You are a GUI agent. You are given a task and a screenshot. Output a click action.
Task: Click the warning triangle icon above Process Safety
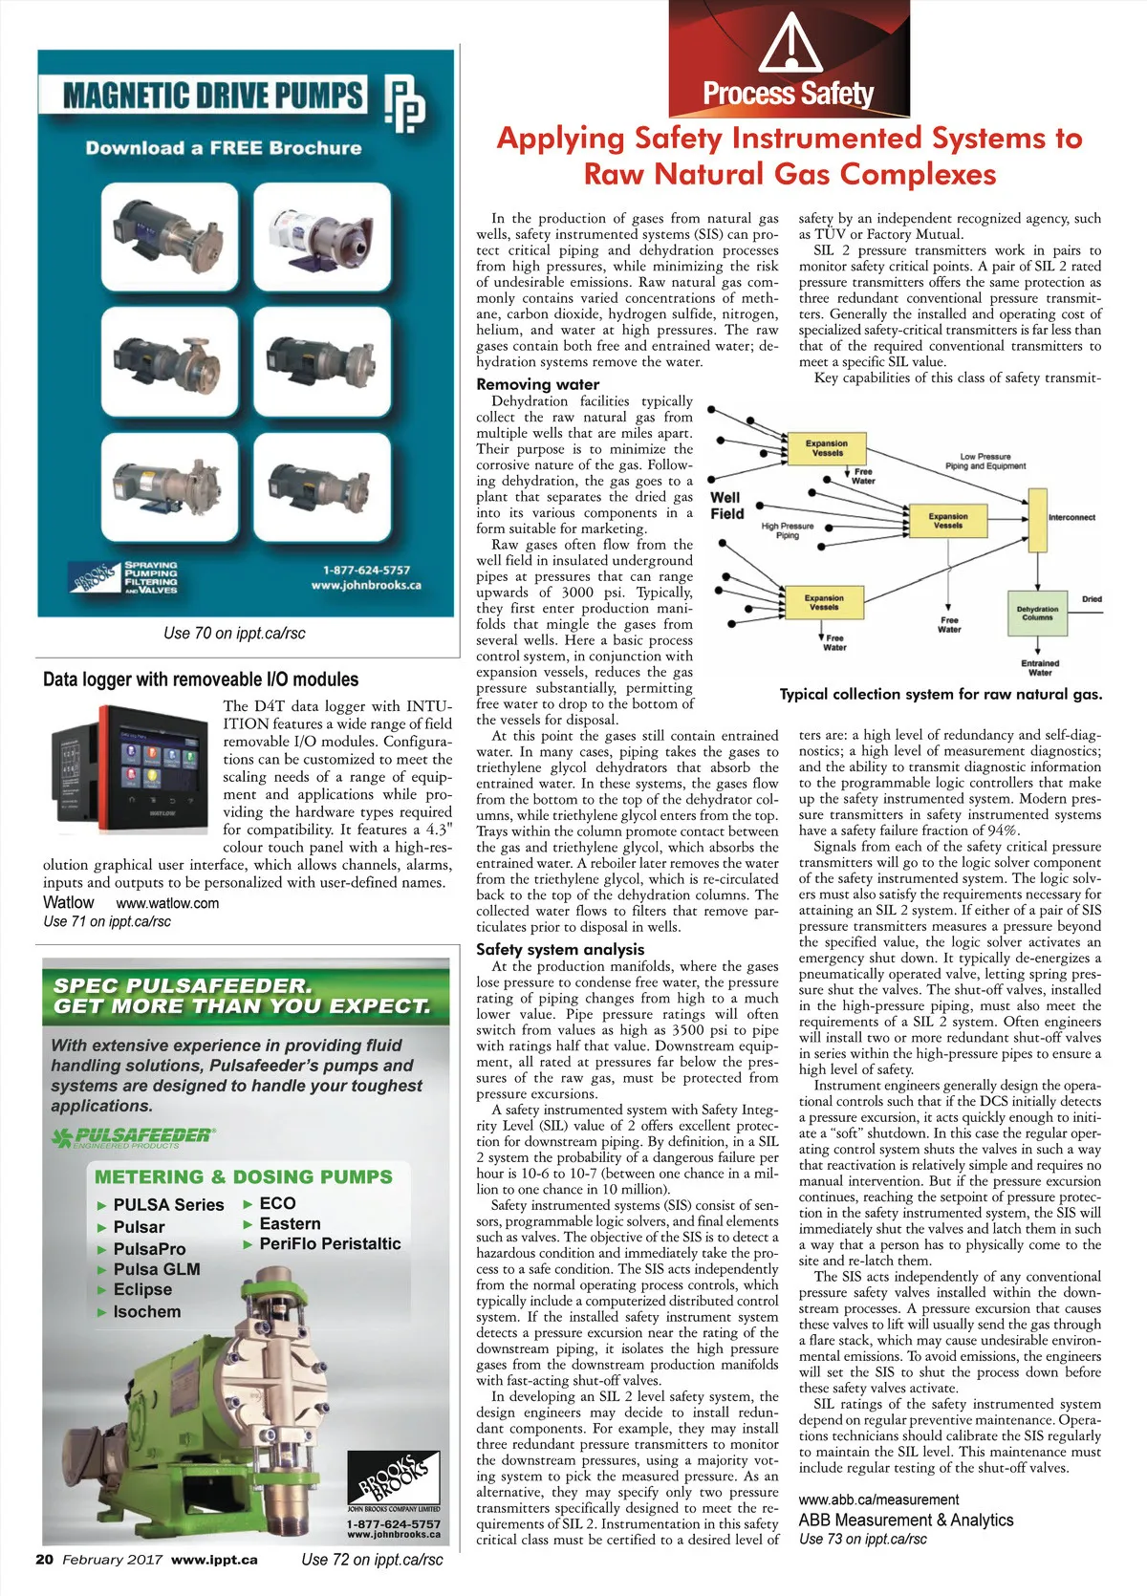point(790,42)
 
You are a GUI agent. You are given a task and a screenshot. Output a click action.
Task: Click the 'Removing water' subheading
point(537,384)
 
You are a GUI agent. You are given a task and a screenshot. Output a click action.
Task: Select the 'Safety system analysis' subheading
point(560,949)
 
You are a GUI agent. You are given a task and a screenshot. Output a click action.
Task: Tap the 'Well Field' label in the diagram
point(726,505)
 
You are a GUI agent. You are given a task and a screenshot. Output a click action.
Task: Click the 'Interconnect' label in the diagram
point(1071,517)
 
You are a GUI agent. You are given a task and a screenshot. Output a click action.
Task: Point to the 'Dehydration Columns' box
point(1037,613)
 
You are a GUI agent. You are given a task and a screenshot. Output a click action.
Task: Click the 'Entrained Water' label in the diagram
point(1040,667)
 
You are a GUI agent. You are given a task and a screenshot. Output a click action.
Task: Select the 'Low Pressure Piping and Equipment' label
point(985,462)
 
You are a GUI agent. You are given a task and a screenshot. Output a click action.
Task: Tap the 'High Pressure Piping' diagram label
point(788,530)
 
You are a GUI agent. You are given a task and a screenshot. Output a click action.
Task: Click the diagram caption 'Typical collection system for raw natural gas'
point(941,695)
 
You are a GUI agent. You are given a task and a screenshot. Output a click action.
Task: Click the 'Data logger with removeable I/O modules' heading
point(201,679)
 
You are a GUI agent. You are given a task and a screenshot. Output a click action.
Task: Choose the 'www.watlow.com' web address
point(167,903)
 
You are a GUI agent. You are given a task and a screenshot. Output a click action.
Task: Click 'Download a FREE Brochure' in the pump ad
point(224,148)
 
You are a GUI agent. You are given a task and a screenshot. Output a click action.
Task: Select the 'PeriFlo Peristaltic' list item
point(330,1243)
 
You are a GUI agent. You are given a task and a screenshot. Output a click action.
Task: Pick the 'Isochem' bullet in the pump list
point(146,1312)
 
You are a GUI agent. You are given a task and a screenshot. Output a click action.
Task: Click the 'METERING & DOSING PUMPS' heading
point(243,1176)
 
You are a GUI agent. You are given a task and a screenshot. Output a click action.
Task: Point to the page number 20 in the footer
point(44,1559)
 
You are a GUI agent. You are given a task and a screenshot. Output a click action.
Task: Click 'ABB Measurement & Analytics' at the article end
point(906,1520)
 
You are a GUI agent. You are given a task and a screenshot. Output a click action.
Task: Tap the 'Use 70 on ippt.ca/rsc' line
point(234,633)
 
